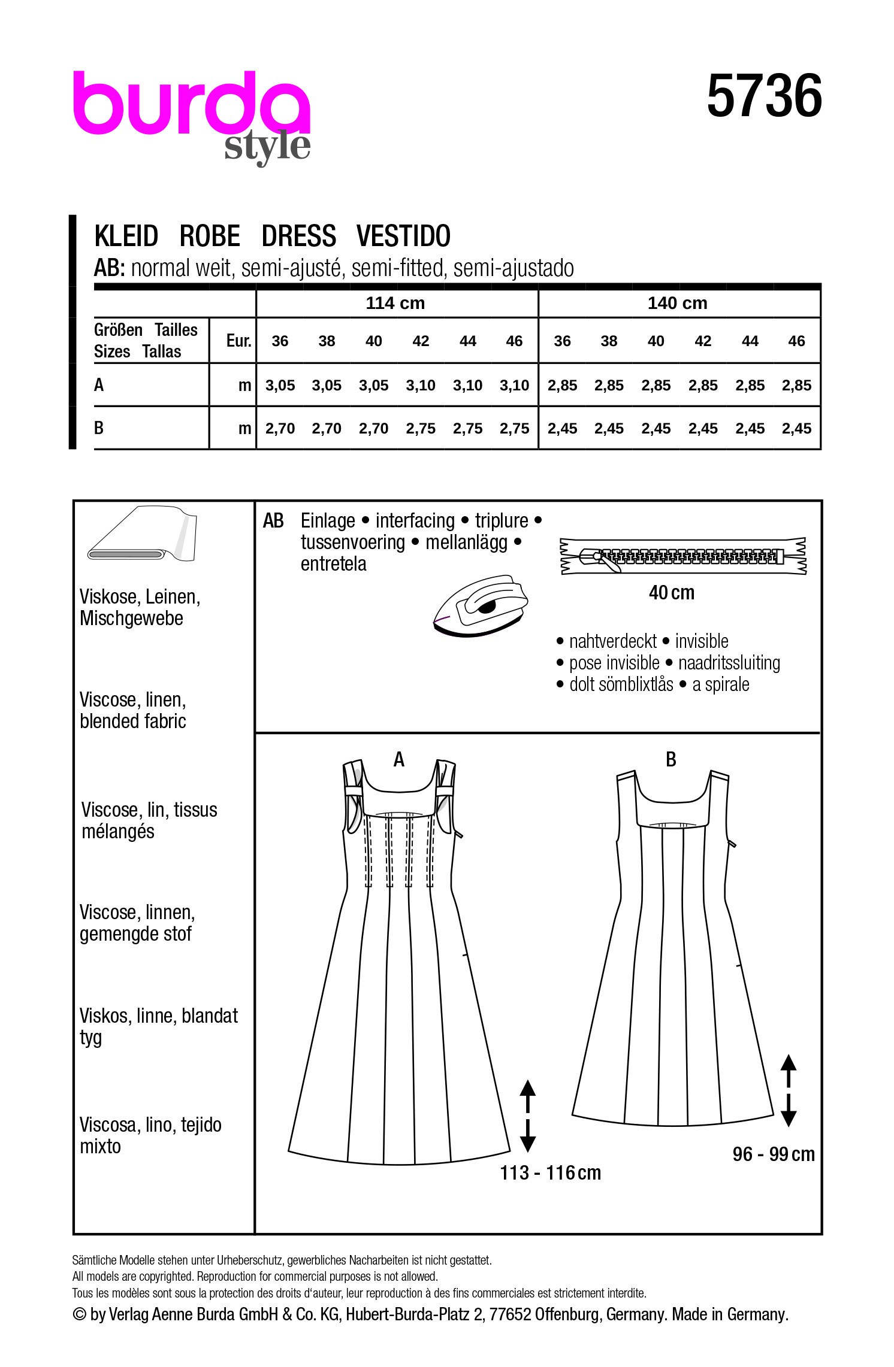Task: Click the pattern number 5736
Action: click(x=764, y=96)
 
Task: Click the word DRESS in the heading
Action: click(x=298, y=236)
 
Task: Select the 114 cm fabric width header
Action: click(x=395, y=303)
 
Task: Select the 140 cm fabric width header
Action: click(x=677, y=303)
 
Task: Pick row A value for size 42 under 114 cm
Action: click(x=420, y=386)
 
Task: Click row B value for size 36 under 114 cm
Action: click(x=280, y=429)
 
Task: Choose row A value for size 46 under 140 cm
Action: click(x=796, y=386)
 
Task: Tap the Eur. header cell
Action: click(x=238, y=341)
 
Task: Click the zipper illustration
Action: click(x=683, y=556)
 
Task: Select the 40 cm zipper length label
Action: click(x=671, y=593)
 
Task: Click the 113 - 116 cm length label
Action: click(x=550, y=1172)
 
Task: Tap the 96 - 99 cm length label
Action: click(x=773, y=1154)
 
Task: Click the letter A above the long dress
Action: click(x=399, y=760)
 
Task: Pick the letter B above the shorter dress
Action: click(x=671, y=760)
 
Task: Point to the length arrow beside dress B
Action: click(x=789, y=1090)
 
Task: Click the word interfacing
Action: click(x=415, y=521)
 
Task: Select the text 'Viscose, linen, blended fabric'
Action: click(x=133, y=710)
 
